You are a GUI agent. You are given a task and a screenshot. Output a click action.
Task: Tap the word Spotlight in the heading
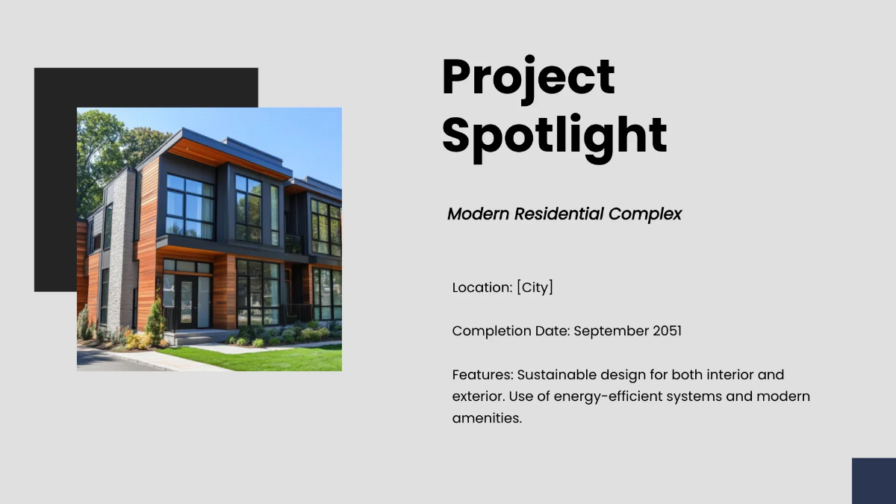coord(554,135)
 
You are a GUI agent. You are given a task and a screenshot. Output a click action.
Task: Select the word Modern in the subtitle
coord(478,214)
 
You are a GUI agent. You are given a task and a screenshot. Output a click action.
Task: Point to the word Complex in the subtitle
coord(645,214)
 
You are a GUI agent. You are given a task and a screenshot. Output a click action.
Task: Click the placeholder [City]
coord(535,287)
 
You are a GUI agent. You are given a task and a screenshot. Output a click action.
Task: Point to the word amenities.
coord(486,418)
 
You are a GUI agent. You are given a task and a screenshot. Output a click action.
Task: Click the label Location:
coord(482,287)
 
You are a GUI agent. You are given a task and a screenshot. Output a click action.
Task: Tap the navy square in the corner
coord(874,481)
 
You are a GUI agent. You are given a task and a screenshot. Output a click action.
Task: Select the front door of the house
coord(184,303)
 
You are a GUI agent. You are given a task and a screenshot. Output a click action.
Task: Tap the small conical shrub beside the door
coord(155,323)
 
